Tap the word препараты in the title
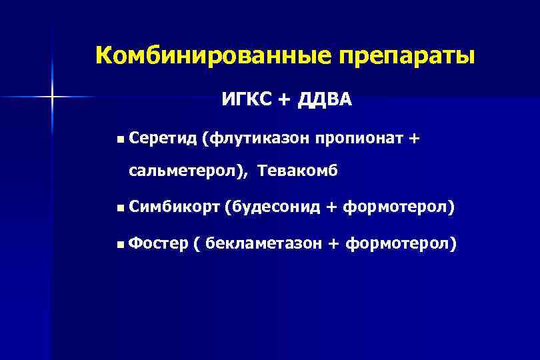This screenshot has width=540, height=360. (407, 55)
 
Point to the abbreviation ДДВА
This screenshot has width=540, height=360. (325, 100)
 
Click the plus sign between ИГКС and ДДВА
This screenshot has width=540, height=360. (285, 101)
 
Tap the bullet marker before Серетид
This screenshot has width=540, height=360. (119, 139)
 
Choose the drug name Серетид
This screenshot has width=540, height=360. (163, 138)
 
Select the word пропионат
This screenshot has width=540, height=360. (359, 138)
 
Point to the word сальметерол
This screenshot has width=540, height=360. (185, 171)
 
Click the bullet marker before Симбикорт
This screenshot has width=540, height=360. (119, 209)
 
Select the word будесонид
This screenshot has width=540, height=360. (273, 209)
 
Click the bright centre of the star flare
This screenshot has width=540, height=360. (51, 97)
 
